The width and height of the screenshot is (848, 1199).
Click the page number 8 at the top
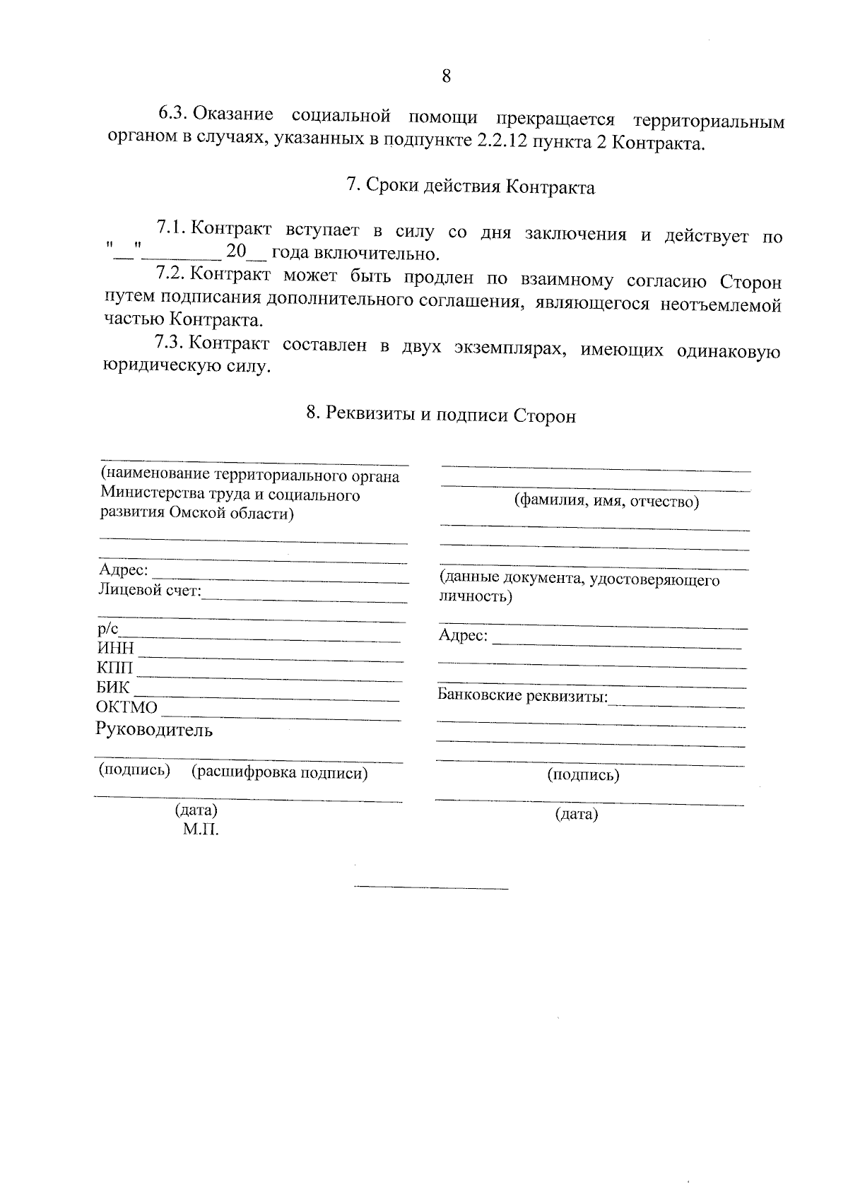(x=446, y=76)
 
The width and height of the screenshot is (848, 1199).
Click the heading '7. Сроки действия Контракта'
(x=470, y=187)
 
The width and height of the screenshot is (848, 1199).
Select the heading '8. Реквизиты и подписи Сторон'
(x=441, y=415)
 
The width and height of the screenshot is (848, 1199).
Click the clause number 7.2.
(x=170, y=274)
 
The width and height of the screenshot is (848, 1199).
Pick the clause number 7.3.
(x=170, y=344)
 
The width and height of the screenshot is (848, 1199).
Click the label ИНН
(x=115, y=649)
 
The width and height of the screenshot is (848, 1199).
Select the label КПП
(x=114, y=668)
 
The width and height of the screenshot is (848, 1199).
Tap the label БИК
(x=114, y=687)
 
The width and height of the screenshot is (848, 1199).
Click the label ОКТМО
(x=127, y=707)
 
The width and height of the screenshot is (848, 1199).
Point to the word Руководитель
(x=154, y=730)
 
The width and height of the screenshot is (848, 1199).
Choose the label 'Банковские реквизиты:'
(x=523, y=695)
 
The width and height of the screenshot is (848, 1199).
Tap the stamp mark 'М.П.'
(x=201, y=829)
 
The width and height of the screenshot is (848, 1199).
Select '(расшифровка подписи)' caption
(x=280, y=773)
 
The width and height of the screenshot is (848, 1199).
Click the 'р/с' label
(x=108, y=628)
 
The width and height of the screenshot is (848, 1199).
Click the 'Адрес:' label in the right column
(x=463, y=635)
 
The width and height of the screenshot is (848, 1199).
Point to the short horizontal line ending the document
(x=431, y=887)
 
